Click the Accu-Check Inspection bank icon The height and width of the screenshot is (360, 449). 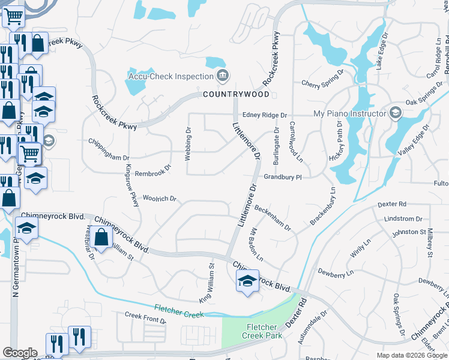223,76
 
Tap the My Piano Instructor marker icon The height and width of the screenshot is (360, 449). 395,113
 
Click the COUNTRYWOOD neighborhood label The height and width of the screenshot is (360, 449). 236,95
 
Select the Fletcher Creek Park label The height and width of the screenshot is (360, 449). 261,331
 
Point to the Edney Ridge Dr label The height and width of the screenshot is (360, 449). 265,115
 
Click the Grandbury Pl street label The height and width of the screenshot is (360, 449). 282,178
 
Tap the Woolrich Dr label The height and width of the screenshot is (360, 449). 159,199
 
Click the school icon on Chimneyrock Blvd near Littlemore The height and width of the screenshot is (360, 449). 247,281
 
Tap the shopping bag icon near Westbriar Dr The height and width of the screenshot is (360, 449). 101,236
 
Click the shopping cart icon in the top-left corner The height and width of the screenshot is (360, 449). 13,16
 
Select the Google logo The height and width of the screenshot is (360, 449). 20,353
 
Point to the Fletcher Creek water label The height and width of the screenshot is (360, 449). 180,307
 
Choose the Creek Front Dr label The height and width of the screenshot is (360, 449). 145,317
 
